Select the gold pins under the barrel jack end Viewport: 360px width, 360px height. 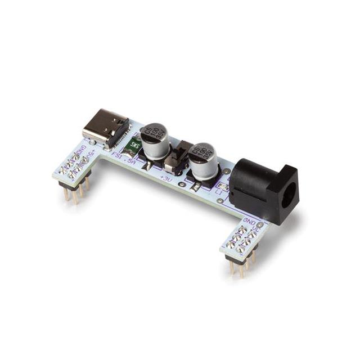click(x=241, y=267)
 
